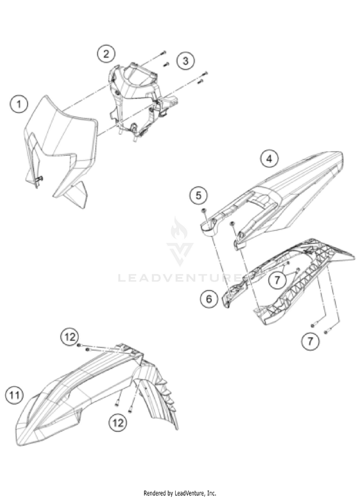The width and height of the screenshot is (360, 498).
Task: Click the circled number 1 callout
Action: point(18,104)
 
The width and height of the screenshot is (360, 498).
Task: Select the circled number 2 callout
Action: point(106,53)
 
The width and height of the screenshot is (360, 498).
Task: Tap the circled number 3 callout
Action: point(185,60)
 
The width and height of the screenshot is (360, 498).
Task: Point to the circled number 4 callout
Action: point(269,158)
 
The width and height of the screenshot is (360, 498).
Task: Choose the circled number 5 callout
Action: point(199,195)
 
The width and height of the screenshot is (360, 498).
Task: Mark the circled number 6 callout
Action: point(209,298)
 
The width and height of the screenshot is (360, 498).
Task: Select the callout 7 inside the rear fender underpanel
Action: point(277,280)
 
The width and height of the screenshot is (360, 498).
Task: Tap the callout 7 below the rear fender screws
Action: point(310,341)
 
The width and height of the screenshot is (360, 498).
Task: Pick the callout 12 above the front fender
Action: point(70,337)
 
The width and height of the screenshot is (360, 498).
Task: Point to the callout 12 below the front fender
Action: point(118,422)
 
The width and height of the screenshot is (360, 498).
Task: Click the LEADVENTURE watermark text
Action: point(181,278)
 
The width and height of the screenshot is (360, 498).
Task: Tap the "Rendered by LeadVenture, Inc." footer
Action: point(180,493)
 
